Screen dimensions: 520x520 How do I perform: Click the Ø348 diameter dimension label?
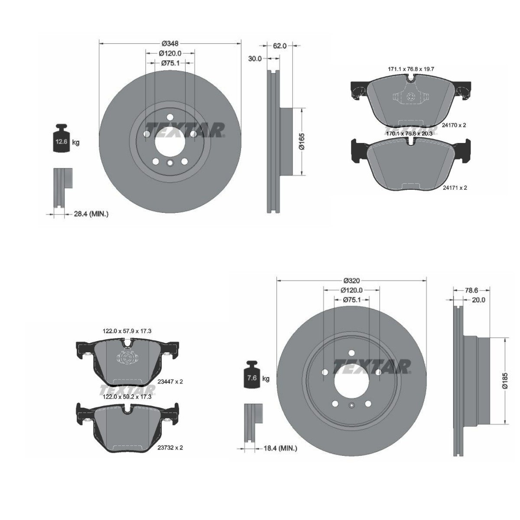170,43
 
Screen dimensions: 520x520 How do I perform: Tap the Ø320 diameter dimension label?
351,281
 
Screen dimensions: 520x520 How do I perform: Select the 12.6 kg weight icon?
62,138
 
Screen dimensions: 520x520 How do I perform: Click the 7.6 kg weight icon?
252,374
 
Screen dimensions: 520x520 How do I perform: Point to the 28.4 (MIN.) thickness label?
91,214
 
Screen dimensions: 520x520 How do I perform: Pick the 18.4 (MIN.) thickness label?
280,448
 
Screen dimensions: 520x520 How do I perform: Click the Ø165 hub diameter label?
302,141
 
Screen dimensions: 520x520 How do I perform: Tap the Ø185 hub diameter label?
505,380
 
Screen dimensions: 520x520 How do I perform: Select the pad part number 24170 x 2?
454,125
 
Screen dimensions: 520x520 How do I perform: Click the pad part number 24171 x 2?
455,188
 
